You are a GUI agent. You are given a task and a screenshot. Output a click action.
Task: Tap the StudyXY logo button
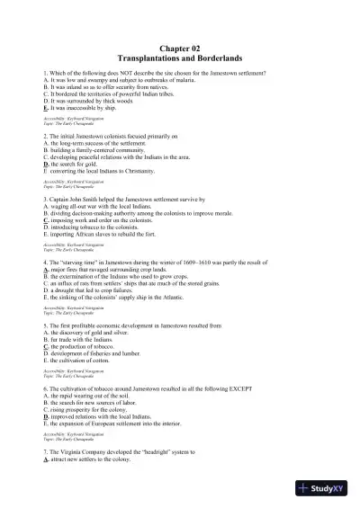(x=326, y=488)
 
